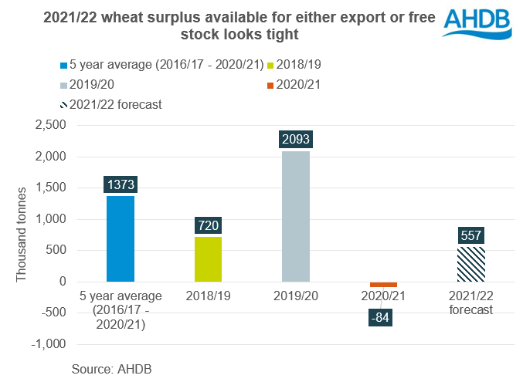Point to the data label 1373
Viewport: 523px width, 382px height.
pyautogui.click(x=121, y=184)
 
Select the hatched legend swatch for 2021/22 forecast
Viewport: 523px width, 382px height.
pyautogui.click(x=63, y=104)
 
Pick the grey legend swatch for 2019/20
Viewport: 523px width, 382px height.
pyautogui.click(x=63, y=83)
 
